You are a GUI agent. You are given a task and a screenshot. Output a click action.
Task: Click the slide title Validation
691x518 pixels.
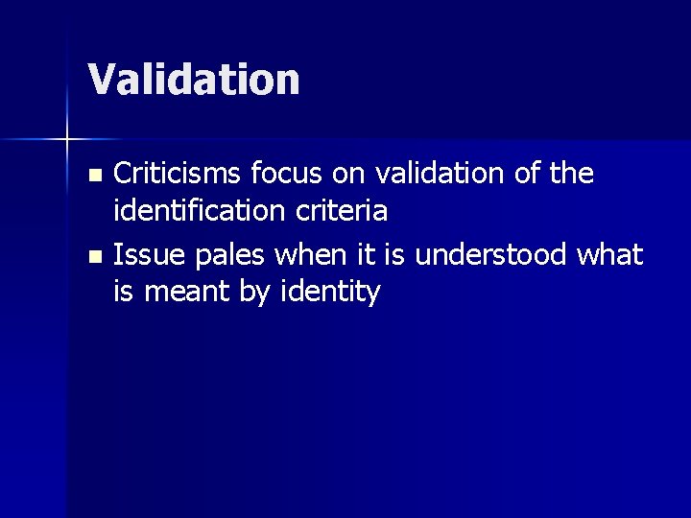(x=194, y=80)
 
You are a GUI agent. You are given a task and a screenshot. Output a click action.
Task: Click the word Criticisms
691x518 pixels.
(x=178, y=174)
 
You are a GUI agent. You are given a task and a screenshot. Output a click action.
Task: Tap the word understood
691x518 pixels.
(x=498, y=255)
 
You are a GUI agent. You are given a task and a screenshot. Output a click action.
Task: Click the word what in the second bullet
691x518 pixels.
(x=611, y=255)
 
